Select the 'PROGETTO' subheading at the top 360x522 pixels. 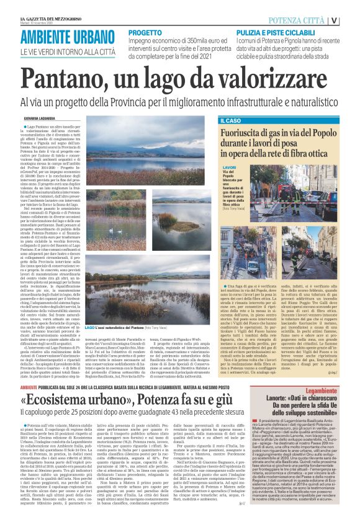click(x=146, y=31)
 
